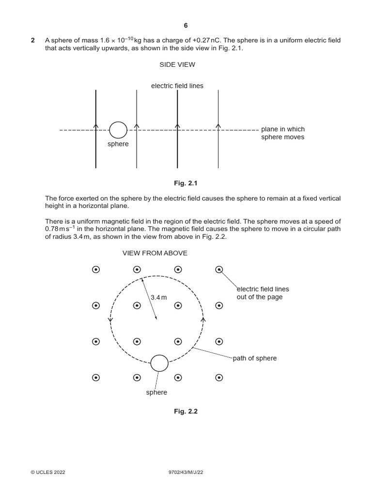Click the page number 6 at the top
[186, 26]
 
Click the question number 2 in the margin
[33, 41]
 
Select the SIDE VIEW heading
[177, 64]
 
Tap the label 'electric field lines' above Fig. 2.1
[177, 86]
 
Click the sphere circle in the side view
[118, 130]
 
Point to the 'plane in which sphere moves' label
[283, 133]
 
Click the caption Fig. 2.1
[186, 184]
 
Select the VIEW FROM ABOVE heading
[155, 253]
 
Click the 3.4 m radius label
[158, 297]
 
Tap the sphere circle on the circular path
[159, 363]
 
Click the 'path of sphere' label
[255, 358]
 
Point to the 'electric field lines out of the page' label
[263, 293]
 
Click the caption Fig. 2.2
[186, 411]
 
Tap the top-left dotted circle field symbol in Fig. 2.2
[96, 270]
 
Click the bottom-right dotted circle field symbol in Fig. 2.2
[219, 377]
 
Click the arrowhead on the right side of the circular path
[202, 320]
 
